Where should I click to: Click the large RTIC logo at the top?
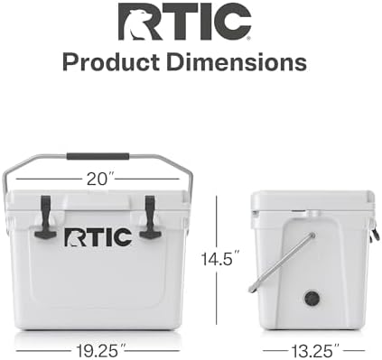[x=184, y=23]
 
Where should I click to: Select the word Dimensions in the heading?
[x=242, y=62]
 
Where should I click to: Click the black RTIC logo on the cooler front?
[x=98, y=236]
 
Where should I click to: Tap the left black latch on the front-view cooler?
[x=43, y=217]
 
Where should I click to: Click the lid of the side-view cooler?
[x=312, y=199]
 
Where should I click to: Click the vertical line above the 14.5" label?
[x=219, y=217]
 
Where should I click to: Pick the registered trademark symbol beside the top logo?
[x=248, y=37]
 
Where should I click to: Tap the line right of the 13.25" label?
[x=354, y=345]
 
